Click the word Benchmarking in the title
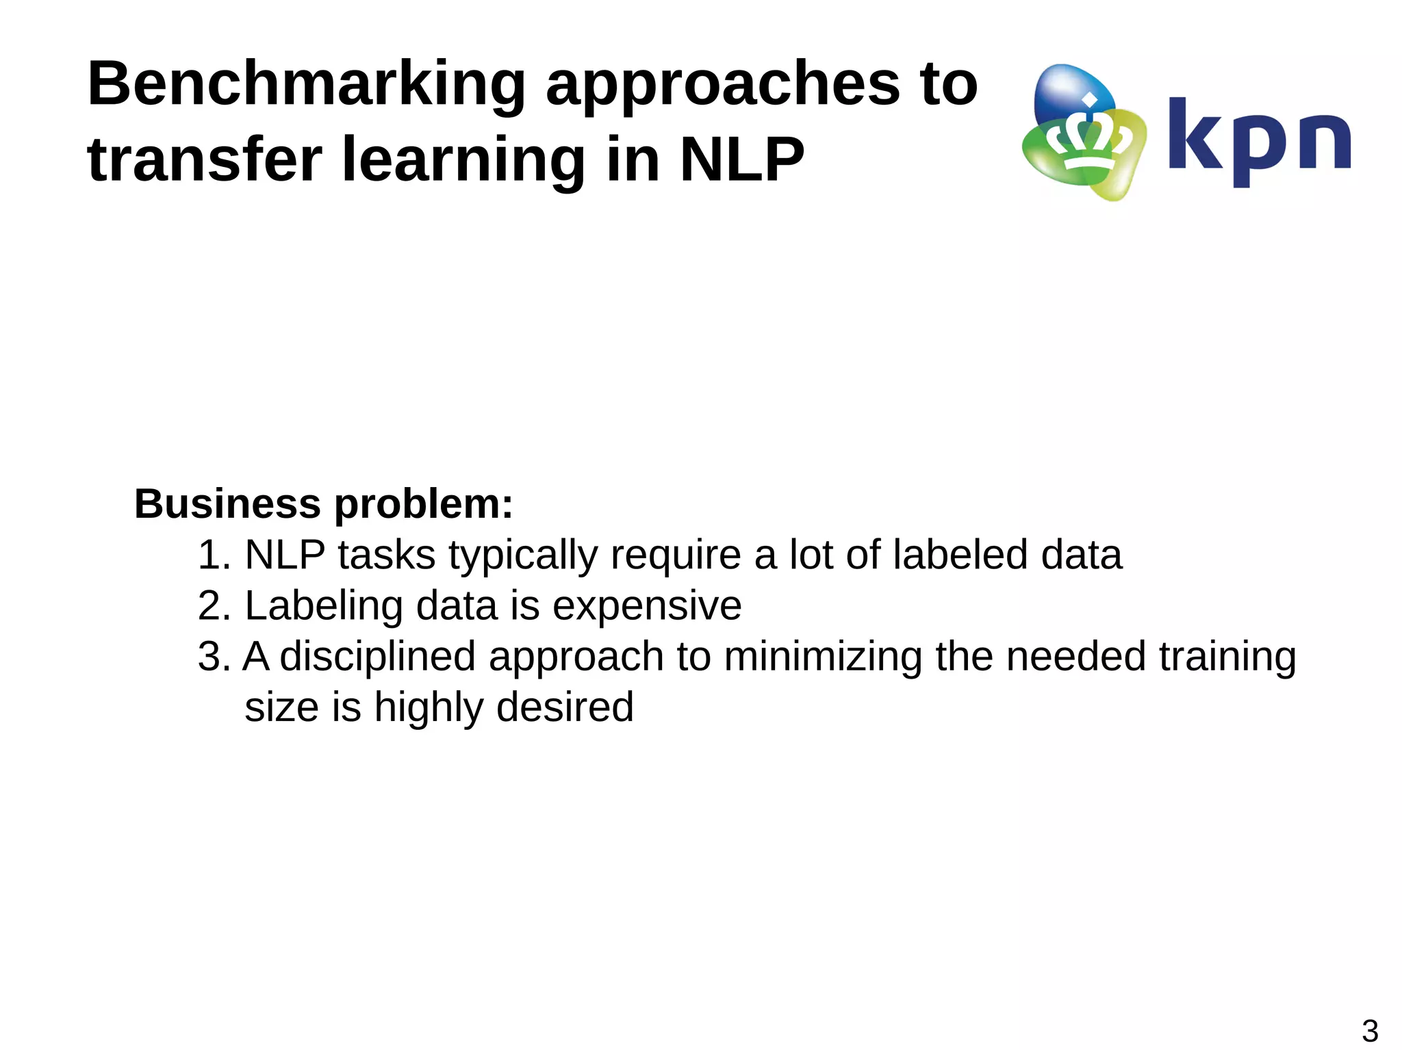[x=306, y=84]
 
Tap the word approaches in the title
[x=722, y=86]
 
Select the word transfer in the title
[x=204, y=160]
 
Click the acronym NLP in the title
[x=741, y=160]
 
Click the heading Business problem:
[x=323, y=504]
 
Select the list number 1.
[x=213, y=555]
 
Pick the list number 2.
[x=213, y=605]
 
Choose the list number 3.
[x=213, y=656]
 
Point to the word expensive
[x=647, y=607]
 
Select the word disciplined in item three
[x=377, y=656]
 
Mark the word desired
[x=565, y=707]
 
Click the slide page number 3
[x=1370, y=1031]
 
